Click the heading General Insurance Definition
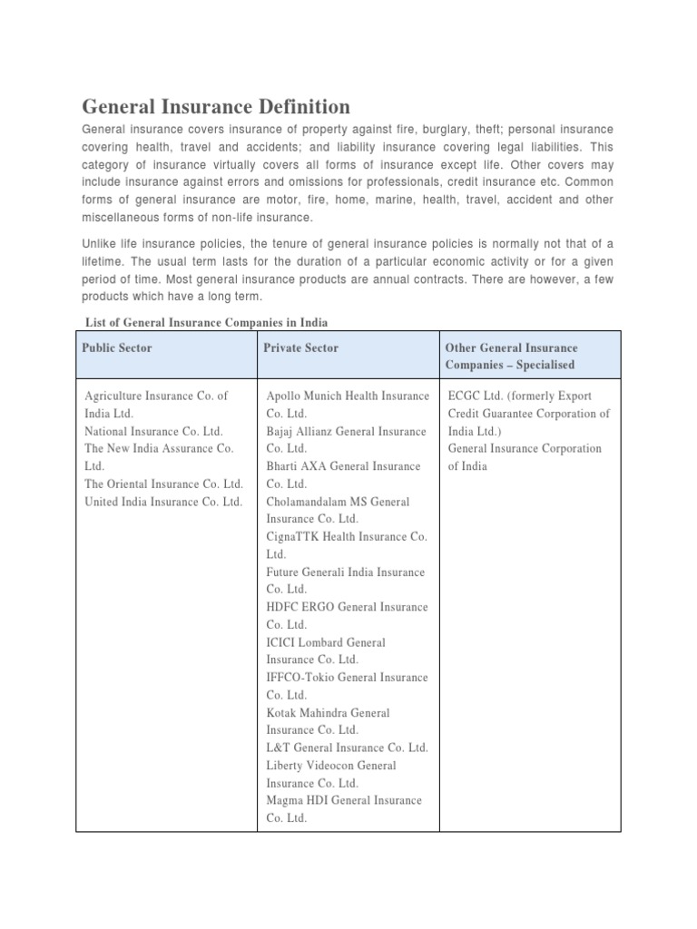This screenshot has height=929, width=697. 216,106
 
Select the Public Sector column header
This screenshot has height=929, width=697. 117,347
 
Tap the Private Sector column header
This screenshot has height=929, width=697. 302,347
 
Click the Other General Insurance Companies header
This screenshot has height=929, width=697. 511,356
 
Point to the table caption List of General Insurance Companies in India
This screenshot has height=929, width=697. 206,322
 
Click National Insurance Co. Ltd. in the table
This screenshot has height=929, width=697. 153,431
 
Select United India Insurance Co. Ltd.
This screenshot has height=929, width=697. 163,502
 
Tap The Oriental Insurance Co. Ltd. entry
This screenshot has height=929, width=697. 163,484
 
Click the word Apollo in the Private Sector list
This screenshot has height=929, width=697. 284,396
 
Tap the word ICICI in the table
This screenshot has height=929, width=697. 281,642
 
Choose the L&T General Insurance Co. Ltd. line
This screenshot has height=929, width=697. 347,748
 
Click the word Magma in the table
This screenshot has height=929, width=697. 285,800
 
